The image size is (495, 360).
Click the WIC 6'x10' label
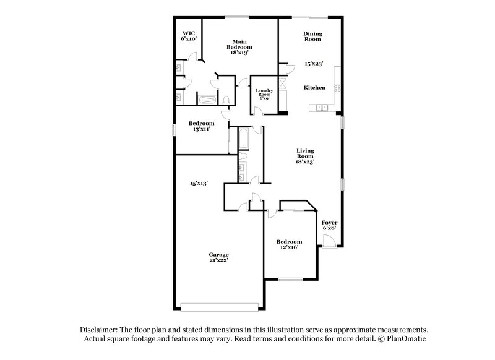click(188, 36)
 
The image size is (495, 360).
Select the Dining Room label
click(312, 36)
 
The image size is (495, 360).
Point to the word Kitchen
click(314, 88)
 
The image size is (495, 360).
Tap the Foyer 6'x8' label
click(329, 225)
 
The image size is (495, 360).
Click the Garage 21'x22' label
click(218, 258)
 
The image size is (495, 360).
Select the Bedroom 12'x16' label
click(289, 244)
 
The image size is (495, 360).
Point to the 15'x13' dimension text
click(198, 183)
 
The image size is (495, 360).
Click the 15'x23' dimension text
click(314, 64)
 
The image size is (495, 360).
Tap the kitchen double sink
click(322, 109)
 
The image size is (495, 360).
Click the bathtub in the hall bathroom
click(243, 139)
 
